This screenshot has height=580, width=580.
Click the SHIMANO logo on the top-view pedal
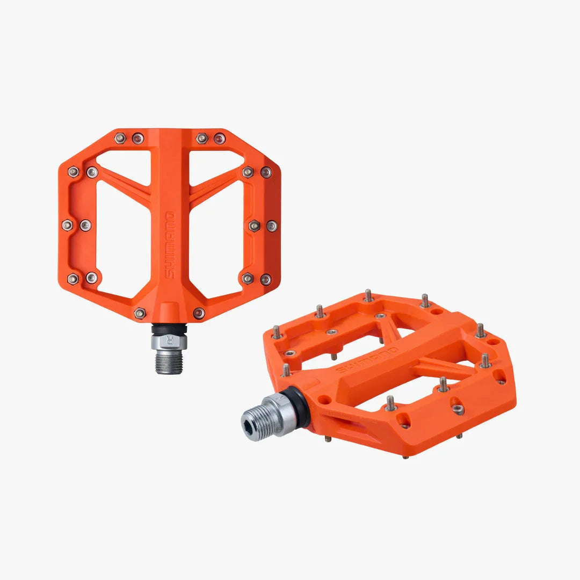coord(169,245)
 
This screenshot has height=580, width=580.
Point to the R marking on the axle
coord(170,340)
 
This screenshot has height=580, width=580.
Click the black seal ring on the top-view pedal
coord(169,328)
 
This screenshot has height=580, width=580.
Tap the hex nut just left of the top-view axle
coord(140,313)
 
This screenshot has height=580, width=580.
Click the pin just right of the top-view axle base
coord(199,313)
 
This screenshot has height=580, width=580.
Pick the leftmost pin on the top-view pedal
coord(67,225)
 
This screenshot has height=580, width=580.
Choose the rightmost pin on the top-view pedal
coord(272,226)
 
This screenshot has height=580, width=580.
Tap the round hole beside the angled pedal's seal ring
coord(324,400)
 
